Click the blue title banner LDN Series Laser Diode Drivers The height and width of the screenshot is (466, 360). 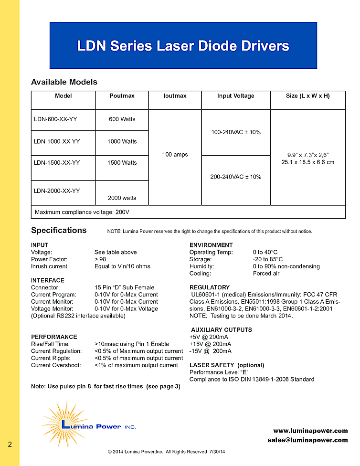click(x=183, y=46)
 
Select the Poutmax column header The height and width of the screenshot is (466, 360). click(x=122, y=96)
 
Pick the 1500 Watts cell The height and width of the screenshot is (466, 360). click(x=122, y=163)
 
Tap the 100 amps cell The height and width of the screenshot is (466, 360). click(x=175, y=155)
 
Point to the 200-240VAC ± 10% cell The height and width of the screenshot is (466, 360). click(x=236, y=177)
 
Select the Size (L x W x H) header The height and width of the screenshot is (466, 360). click(x=307, y=96)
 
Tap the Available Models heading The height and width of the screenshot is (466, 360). click(x=64, y=82)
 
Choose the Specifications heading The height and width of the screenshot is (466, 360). click(x=59, y=230)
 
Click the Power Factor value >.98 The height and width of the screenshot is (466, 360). click(x=101, y=259)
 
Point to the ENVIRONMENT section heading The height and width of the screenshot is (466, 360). click(x=211, y=245)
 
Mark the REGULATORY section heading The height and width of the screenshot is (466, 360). click(x=210, y=287)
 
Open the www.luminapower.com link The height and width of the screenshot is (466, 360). click(x=310, y=431)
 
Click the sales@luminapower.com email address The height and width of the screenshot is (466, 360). click(x=307, y=440)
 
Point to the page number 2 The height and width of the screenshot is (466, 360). click(x=10, y=445)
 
